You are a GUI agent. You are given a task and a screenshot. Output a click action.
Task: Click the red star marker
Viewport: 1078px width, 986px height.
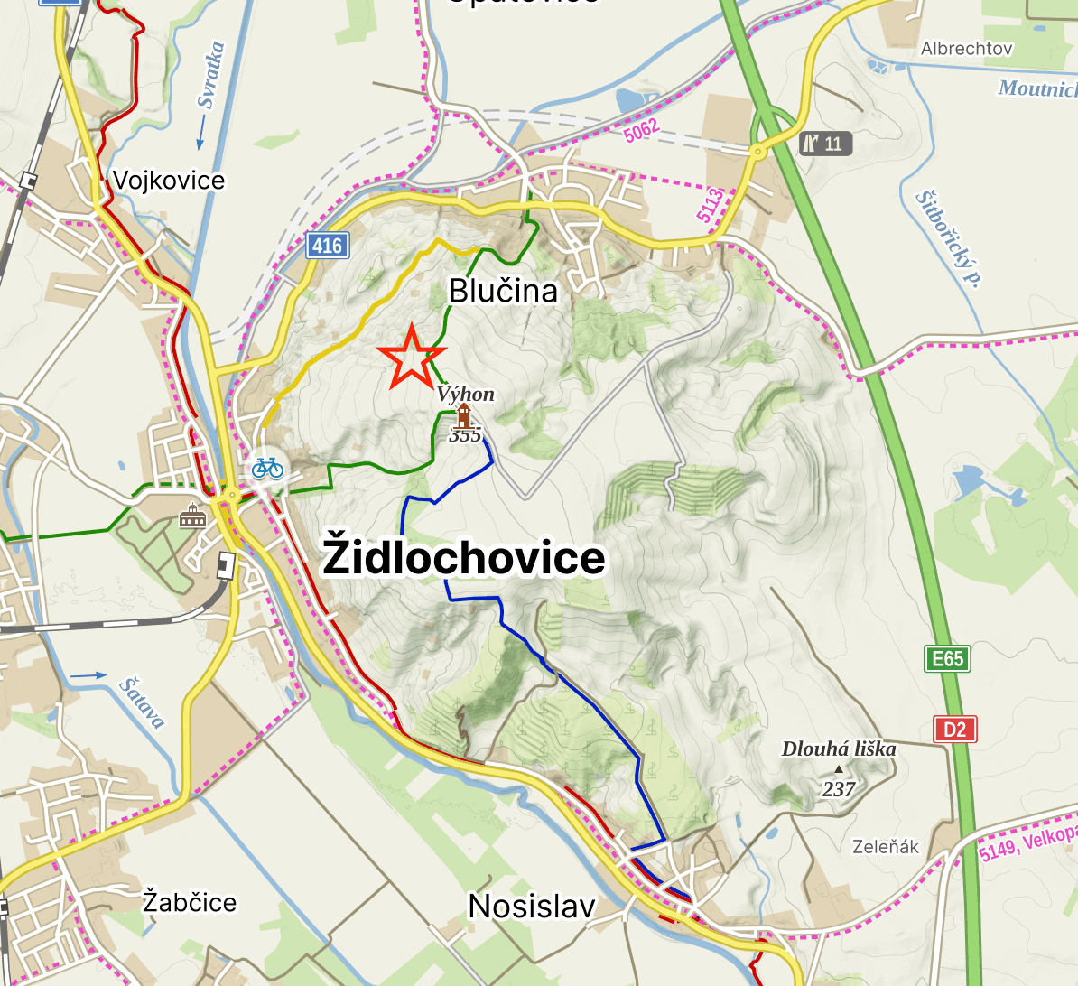coord(411,358)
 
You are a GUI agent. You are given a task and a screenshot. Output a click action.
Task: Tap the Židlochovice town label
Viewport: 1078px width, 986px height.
coord(464,557)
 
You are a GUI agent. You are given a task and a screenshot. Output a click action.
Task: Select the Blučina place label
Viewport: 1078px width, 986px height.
coord(503,291)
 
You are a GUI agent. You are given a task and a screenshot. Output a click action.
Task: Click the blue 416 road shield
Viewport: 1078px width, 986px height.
coord(327,245)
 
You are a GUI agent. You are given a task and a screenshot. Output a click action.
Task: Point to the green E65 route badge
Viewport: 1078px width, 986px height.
coord(947,658)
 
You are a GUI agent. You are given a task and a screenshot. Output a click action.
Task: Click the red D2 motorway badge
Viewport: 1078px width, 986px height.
coord(954,729)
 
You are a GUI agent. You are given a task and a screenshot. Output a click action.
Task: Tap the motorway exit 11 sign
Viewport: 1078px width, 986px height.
coord(825,143)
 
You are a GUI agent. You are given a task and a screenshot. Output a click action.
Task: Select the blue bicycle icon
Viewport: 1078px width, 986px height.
coord(267,467)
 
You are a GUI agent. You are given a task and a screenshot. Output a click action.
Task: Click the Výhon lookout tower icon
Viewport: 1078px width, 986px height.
coord(463,415)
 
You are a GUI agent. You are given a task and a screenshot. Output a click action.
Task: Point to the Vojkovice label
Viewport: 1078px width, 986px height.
coord(169,181)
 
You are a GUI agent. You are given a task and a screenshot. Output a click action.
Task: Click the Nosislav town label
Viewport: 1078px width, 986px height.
coord(532,906)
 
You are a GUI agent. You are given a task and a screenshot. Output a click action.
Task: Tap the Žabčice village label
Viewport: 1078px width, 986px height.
coord(190,901)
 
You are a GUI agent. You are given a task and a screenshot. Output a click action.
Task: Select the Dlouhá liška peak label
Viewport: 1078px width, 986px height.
coord(839,749)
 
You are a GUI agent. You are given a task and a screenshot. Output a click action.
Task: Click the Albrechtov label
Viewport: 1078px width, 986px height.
coord(966,49)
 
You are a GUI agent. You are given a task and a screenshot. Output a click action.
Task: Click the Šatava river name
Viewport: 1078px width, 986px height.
coord(143,702)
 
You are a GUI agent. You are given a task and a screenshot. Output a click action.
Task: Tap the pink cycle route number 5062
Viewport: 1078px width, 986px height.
coord(641,130)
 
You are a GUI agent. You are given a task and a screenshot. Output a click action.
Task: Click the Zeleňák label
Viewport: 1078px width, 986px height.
coord(886,846)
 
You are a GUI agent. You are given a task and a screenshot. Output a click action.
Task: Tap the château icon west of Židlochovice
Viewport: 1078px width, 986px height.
coord(192,516)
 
